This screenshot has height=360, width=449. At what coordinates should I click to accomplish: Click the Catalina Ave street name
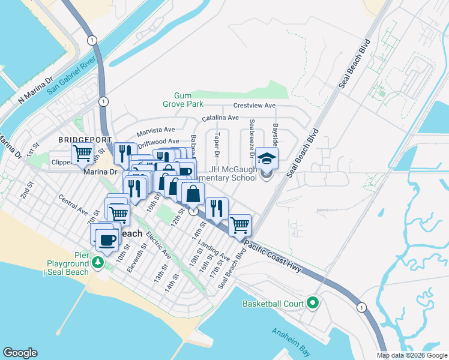click(x=220, y=118)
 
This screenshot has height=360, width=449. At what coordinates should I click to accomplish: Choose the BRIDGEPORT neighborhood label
click(x=85, y=139)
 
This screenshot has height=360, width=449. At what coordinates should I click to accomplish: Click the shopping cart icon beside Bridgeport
click(x=82, y=153)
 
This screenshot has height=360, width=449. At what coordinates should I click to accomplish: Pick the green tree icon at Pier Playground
click(x=97, y=263)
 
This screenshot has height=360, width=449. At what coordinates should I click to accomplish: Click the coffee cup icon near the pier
click(x=107, y=240)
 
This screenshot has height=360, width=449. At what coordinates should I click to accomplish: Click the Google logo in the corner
click(x=20, y=353)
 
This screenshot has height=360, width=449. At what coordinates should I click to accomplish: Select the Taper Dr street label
click(x=217, y=145)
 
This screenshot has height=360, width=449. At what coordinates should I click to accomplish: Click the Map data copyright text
click(x=411, y=355)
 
